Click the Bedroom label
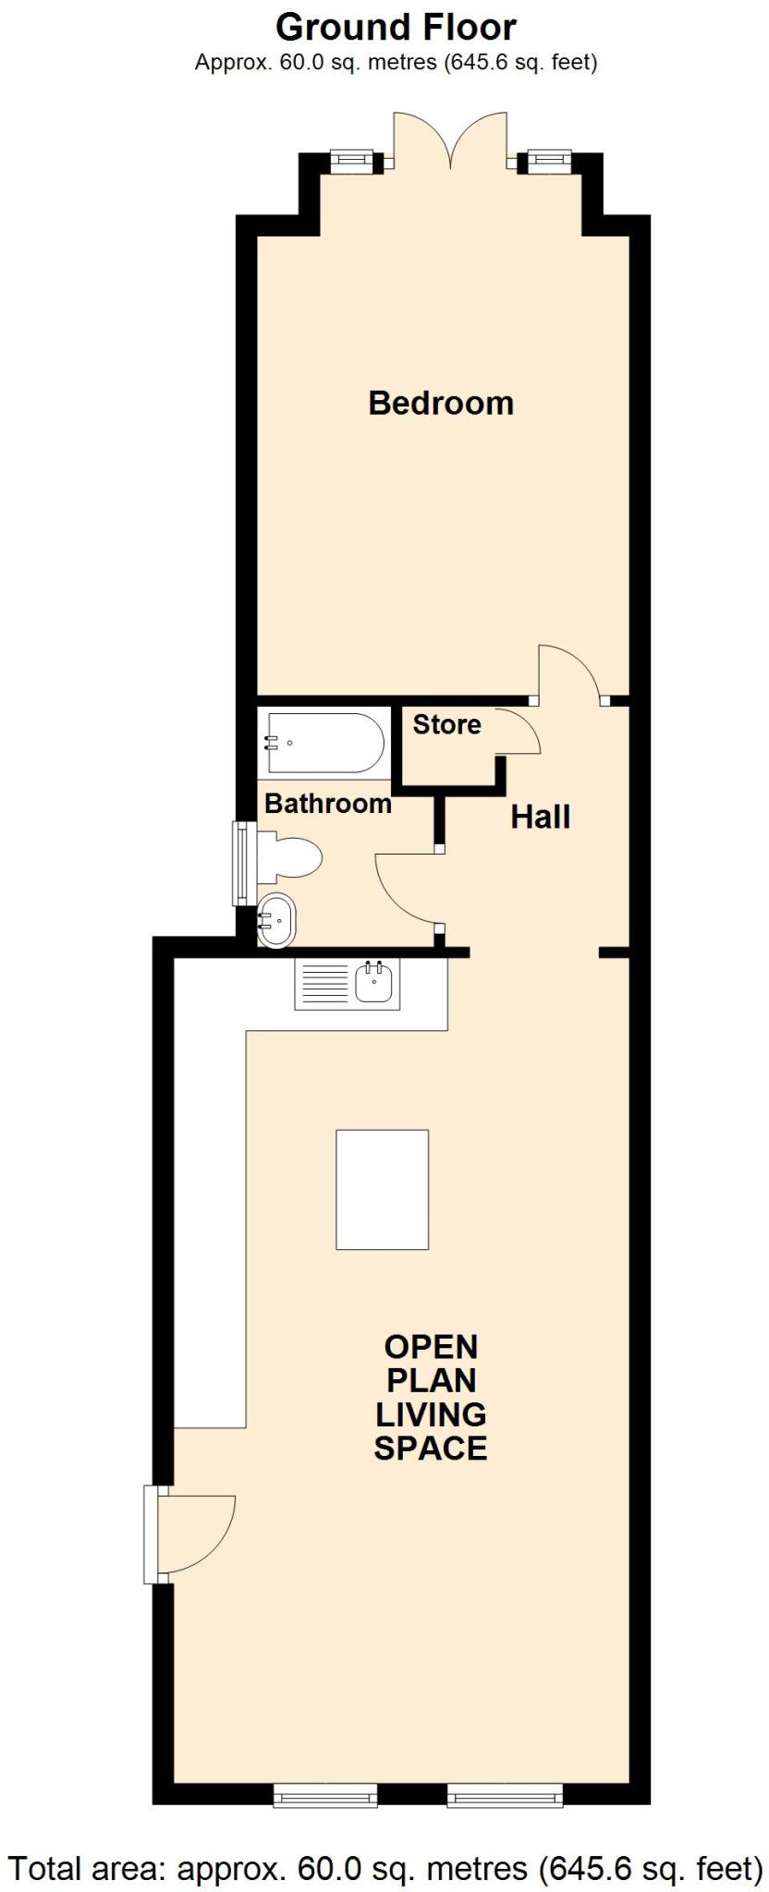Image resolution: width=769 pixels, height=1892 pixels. [x=441, y=403]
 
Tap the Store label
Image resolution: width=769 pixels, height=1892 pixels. [x=446, y=724]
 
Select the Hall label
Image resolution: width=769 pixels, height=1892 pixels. [x=541, y=817]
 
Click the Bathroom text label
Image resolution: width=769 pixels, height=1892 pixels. [x=328, y=804]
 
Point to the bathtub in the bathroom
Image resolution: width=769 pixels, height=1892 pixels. [x=324, y=743]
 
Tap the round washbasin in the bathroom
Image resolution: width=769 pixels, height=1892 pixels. [x=275, y=920]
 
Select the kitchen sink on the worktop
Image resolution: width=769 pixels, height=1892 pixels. [x=375, y=982]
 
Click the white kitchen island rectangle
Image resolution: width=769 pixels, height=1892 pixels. [x=382, y=1189]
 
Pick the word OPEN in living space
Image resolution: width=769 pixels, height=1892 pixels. [x=431, y=1346]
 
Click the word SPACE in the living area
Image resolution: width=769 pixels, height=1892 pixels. [x=431, y=1448]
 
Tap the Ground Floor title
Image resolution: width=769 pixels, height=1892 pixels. [x=396, y=28]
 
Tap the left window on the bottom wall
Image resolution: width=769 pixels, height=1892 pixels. [x=325, y=1795]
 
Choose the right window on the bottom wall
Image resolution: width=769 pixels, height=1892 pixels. [x=505, y=1795]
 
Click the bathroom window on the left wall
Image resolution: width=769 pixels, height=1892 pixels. [x=241, y=864]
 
